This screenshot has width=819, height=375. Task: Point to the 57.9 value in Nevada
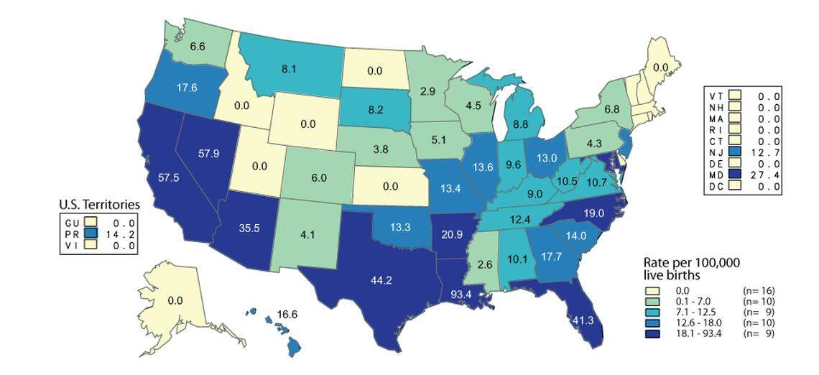(216, 153)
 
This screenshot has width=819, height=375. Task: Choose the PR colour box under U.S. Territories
(89, 233)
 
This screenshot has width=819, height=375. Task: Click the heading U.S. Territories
(98, 205)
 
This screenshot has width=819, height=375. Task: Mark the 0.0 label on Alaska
(175, 300)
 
